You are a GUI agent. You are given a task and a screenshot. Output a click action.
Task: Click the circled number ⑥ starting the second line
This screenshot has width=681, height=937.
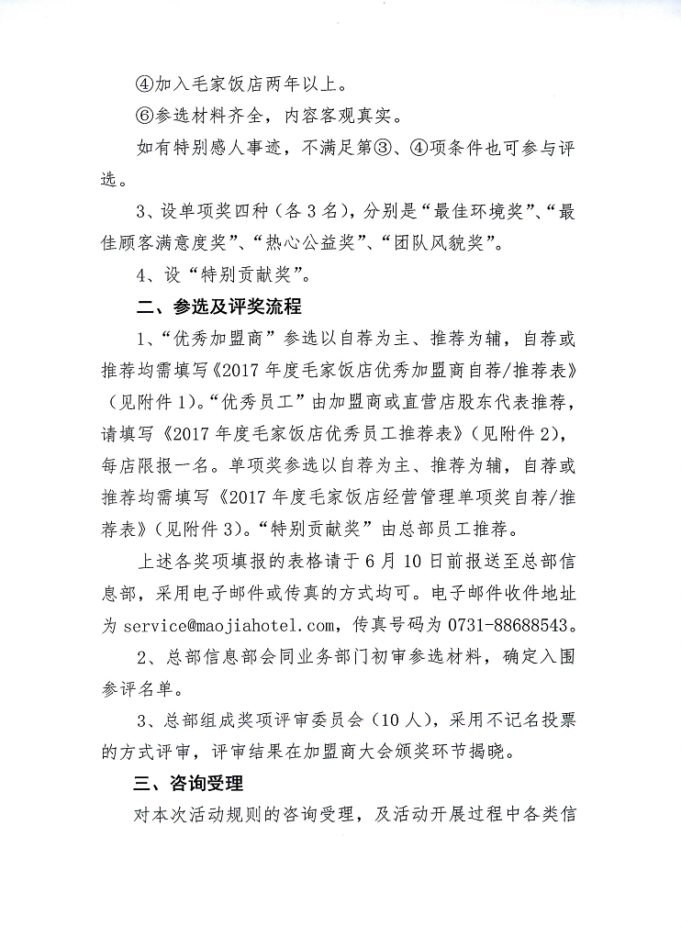point(144,117)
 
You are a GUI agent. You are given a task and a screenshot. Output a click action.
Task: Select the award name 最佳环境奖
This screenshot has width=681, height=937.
point(488,213)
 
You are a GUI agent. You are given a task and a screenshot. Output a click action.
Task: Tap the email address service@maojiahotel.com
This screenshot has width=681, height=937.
point(230,626)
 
